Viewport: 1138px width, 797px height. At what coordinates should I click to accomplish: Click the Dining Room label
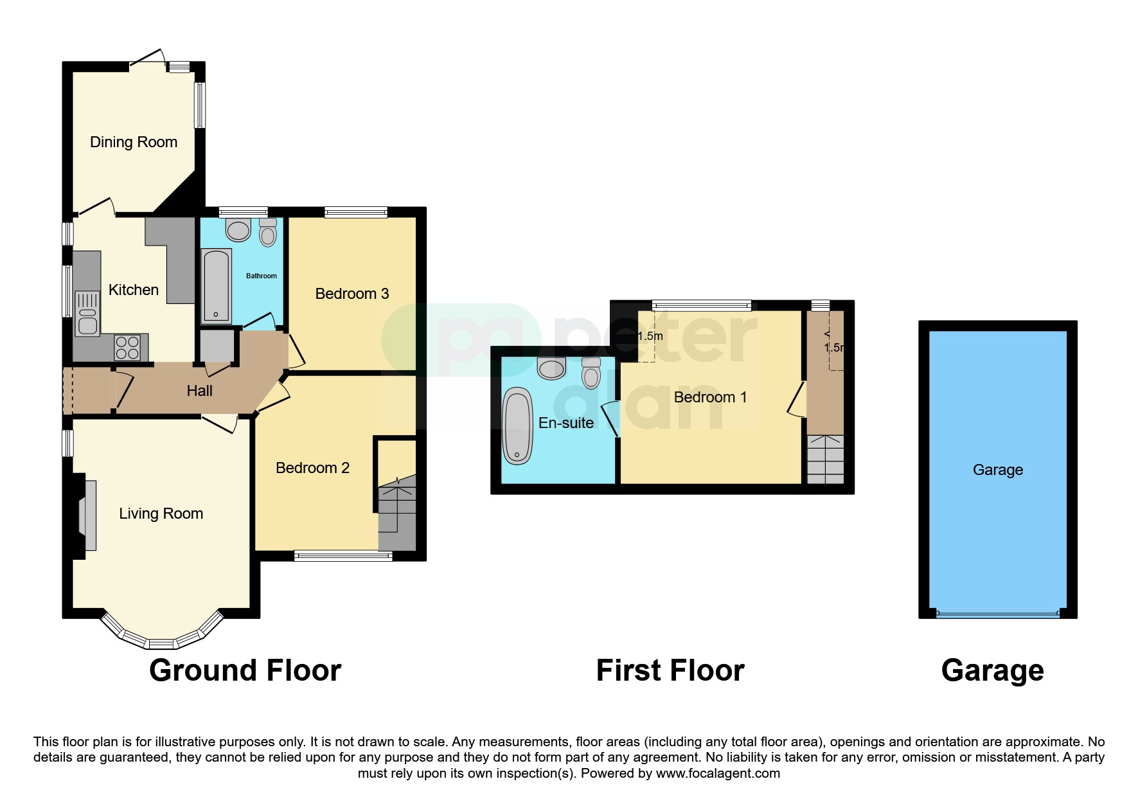134,142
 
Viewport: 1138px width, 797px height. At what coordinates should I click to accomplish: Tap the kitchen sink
87,314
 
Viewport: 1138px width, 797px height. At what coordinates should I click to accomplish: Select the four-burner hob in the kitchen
127,348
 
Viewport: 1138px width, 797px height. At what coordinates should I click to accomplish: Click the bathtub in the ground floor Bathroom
216,286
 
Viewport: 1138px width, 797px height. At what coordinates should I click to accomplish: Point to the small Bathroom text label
262,276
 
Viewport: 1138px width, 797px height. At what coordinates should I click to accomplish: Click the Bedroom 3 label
352,294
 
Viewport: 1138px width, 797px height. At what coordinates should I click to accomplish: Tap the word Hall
199,391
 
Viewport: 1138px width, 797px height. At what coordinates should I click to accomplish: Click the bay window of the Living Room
161,640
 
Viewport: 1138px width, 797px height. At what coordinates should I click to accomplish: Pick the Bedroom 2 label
312,468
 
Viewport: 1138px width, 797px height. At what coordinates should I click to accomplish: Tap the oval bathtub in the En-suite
518,425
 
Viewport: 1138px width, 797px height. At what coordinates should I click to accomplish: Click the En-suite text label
565,423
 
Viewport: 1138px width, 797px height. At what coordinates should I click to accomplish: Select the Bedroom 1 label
710,397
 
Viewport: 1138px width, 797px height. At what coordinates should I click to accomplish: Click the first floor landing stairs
825,460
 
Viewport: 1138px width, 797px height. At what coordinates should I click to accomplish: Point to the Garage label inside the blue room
997,470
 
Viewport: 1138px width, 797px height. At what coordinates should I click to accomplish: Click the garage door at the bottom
997,614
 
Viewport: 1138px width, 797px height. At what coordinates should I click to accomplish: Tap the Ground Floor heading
245,670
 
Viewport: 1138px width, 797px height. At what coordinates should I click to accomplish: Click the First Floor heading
670,670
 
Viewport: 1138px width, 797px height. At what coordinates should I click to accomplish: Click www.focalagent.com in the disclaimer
718,773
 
